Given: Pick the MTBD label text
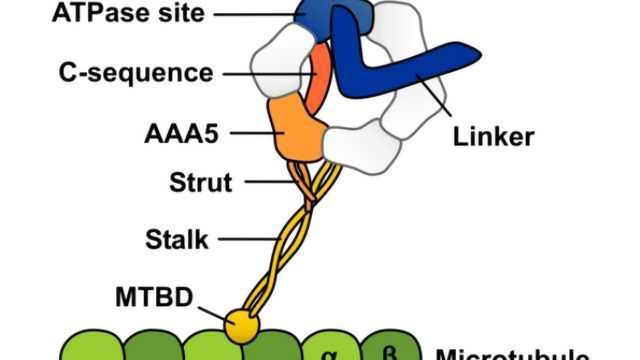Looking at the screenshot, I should [156, 296].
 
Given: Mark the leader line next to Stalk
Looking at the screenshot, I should [251, 239].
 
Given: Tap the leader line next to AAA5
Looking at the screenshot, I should [250, 131].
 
